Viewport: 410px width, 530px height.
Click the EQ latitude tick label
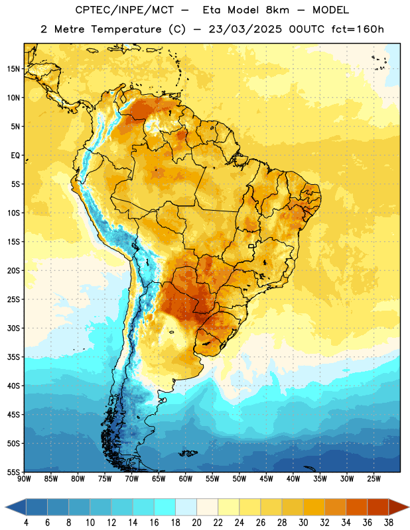point(15,156)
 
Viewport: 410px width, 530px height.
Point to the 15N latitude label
point(13,69)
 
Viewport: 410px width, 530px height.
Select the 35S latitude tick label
point(13,357)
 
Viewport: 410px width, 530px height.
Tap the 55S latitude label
point(13,472)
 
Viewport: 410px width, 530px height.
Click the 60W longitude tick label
point(186,479)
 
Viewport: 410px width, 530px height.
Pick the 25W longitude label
point(374,479)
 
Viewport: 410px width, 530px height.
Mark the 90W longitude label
point(24,479)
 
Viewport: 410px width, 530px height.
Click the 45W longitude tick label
point(266,479)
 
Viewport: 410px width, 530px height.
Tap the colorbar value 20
point(196,523)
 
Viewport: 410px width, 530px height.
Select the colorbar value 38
point(389,523)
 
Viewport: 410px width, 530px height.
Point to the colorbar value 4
point(26,523)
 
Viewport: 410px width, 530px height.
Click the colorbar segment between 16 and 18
point(165,507)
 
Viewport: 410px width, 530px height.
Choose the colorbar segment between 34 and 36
point(356,507)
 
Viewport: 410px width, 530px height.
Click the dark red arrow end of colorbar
point(399,507)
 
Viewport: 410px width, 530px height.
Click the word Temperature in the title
point(126,29)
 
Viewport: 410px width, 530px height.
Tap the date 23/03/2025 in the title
point(245,29)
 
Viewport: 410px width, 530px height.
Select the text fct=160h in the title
point(358,29)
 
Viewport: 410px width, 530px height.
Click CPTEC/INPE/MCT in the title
point(125,10)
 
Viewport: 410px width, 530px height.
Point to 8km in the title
point(277,10)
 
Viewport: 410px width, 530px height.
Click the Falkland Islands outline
point(188,453)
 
